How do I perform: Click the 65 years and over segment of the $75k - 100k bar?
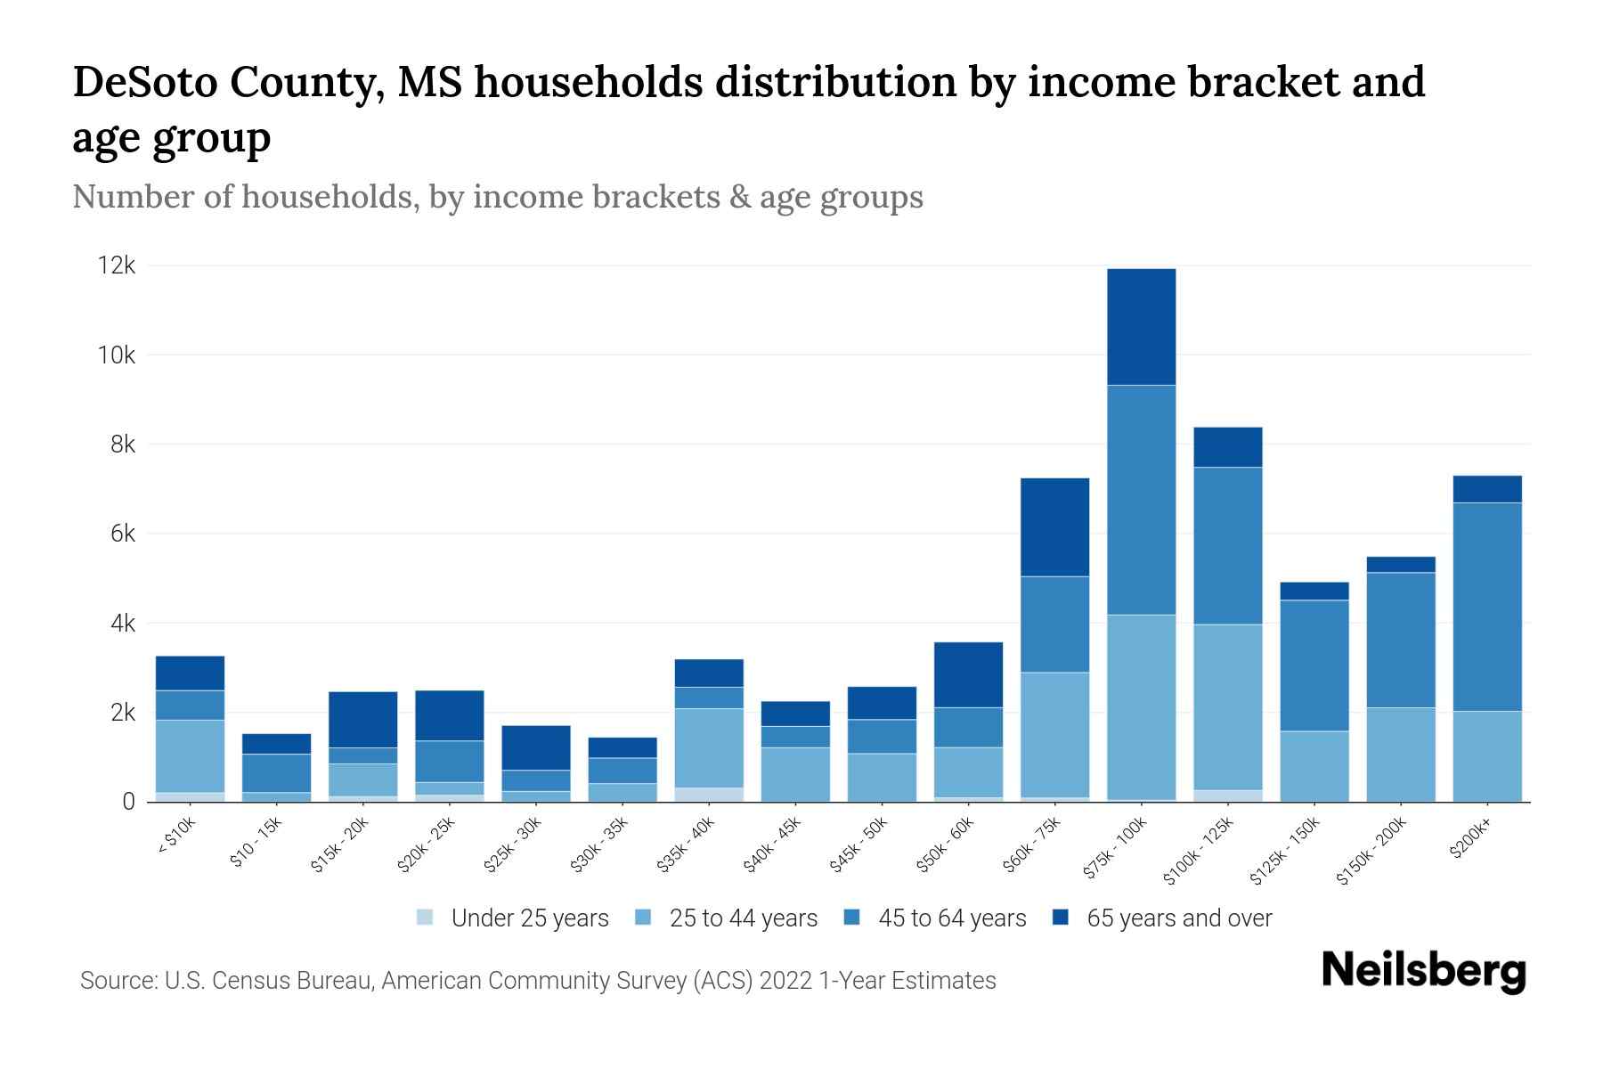[x=1141, y=327]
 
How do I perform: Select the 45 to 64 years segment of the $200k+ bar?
[x=1486, y=607]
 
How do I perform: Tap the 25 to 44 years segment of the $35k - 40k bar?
[x=709, y=747]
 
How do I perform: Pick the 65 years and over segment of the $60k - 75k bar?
[x=1054, y=527]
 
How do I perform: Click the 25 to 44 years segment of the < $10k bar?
[x=190, y=755]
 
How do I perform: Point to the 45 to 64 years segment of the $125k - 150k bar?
[x=1314, y=665]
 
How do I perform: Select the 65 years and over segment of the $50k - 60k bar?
[x=968, y=674]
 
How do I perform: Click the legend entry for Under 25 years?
[x=513, y=918]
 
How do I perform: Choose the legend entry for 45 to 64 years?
[x=935, y=918]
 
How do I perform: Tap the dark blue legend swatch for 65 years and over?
[x=1060, y=918]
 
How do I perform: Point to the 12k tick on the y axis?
[x=117, y=265]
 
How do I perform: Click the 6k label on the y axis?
[x=123, y=534]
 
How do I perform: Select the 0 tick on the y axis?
[x=129, y=802]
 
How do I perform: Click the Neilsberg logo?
[x=1423, y=971]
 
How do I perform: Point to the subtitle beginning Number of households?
[x=497, y=197]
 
